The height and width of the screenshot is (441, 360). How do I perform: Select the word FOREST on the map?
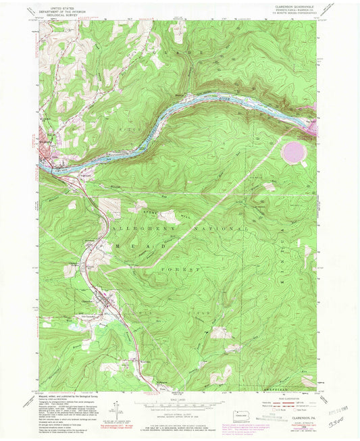tap(187, 269)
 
